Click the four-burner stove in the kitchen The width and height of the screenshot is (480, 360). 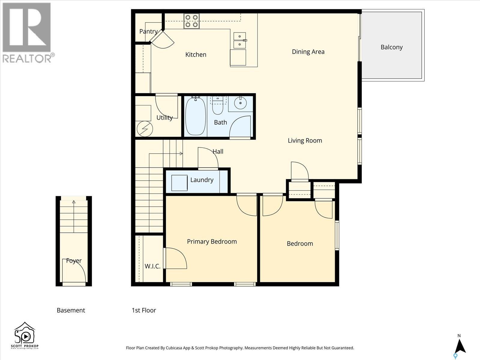191,21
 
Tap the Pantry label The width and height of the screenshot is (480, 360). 148,31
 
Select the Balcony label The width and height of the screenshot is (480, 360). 391,47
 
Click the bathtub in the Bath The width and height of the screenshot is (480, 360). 195,116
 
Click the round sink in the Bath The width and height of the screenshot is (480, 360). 240,103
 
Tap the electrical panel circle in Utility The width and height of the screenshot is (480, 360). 145,129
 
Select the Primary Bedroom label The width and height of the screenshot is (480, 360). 212,241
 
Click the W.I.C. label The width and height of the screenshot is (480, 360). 152,266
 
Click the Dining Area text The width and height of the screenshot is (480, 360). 308,52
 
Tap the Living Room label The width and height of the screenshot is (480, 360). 305,140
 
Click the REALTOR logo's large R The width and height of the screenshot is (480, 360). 26,27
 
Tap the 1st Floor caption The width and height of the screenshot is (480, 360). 144,310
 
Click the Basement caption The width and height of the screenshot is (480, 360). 71,310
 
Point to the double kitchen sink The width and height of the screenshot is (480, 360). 240,40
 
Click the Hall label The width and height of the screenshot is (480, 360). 218,151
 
